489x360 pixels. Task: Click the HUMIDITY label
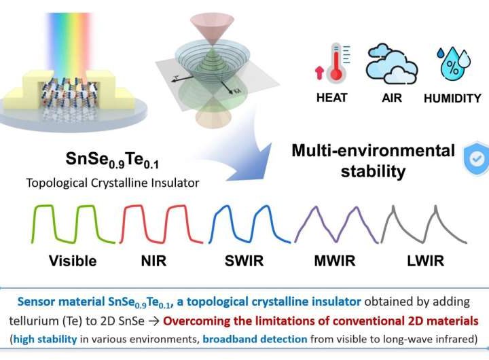point(452,98)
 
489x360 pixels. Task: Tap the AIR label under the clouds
point(392,98)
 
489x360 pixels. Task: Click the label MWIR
point(342,261)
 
